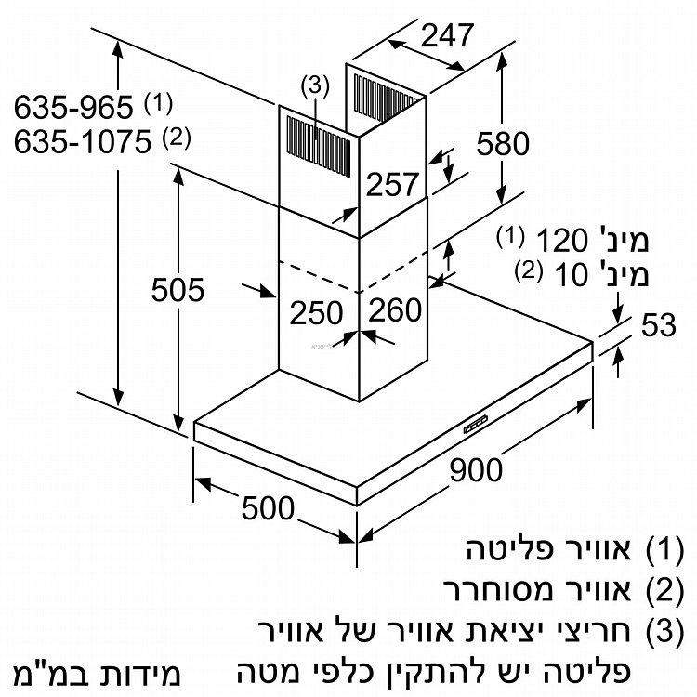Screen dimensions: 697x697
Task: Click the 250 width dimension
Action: click(x=316, y=313)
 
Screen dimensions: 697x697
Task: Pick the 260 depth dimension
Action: click(x=396, y=310)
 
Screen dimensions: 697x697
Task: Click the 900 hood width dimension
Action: click(x=477, y=469)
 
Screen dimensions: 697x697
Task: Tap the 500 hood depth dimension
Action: click(x=267, y=507)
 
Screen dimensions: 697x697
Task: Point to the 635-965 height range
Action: click(x=73, y=107)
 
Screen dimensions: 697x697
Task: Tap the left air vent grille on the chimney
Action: click(x=315, y=139)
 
